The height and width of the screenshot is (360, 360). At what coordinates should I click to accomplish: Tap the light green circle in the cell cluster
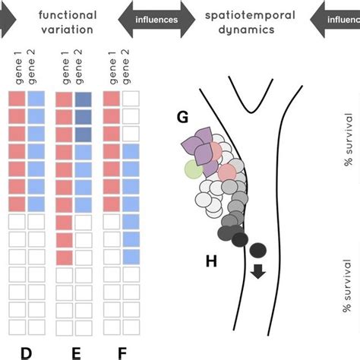[194, 169]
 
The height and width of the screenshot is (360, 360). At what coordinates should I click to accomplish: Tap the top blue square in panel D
[36, 99]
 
